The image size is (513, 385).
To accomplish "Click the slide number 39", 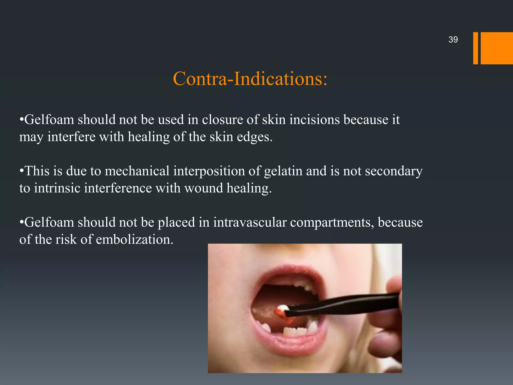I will [x=453, y=40].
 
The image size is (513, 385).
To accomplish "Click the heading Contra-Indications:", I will [x=250, y=79].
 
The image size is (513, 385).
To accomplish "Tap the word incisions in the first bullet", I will [x=314, y=120].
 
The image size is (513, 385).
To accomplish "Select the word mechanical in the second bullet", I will [x=137, y=171].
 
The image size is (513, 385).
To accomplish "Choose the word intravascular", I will [x=250, y=222].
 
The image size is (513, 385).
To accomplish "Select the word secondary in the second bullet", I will [x=394, y=171].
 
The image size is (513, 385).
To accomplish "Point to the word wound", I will [x=203, y=188].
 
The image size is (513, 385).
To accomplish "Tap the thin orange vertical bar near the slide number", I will [x=475, y=48].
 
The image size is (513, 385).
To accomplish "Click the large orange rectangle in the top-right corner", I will [x=497, y=48].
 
